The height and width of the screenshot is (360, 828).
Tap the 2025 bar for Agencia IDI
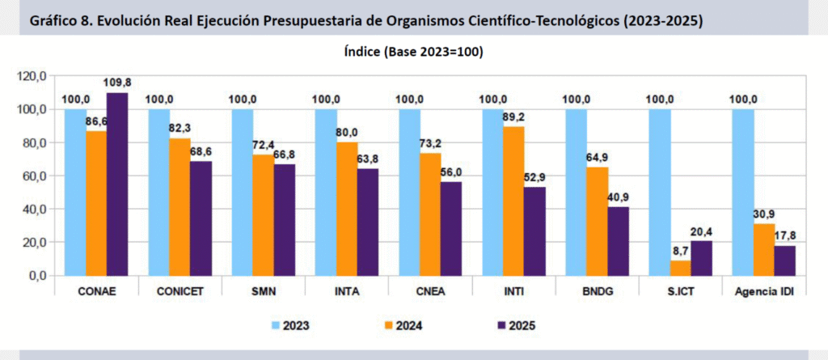tap(785, 260)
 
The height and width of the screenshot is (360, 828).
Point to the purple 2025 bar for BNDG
tap(618, 241)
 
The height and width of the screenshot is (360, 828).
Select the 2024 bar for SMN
tap(264, 214)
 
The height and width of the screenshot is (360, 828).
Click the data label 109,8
tap(118, 83)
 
